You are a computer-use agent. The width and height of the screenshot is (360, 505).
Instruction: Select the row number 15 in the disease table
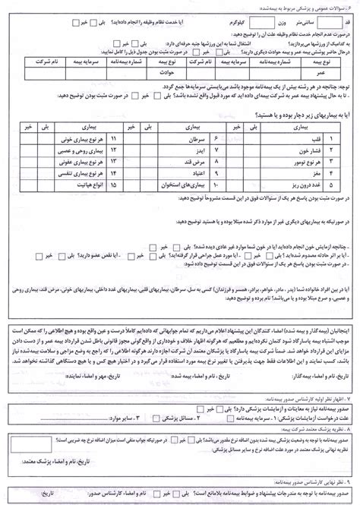(115, 185)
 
